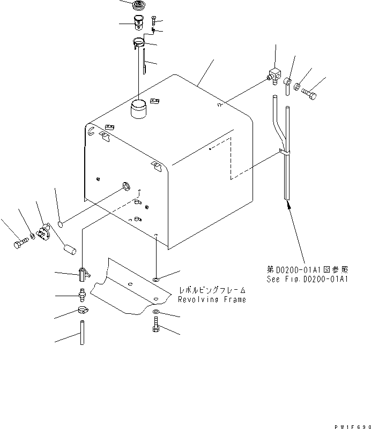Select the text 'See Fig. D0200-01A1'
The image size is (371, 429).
click(x=307, y=279)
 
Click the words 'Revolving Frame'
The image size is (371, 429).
click(x=213, y=299)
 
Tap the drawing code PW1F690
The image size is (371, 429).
click(x=352, y=424)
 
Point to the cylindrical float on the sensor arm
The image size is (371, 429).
click(x=70, y=249)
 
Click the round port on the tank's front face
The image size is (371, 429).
click(x=126, y=186)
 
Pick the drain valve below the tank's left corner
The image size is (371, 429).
click(x=82, y=274)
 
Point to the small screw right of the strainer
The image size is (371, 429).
click(x=153, y=21)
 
